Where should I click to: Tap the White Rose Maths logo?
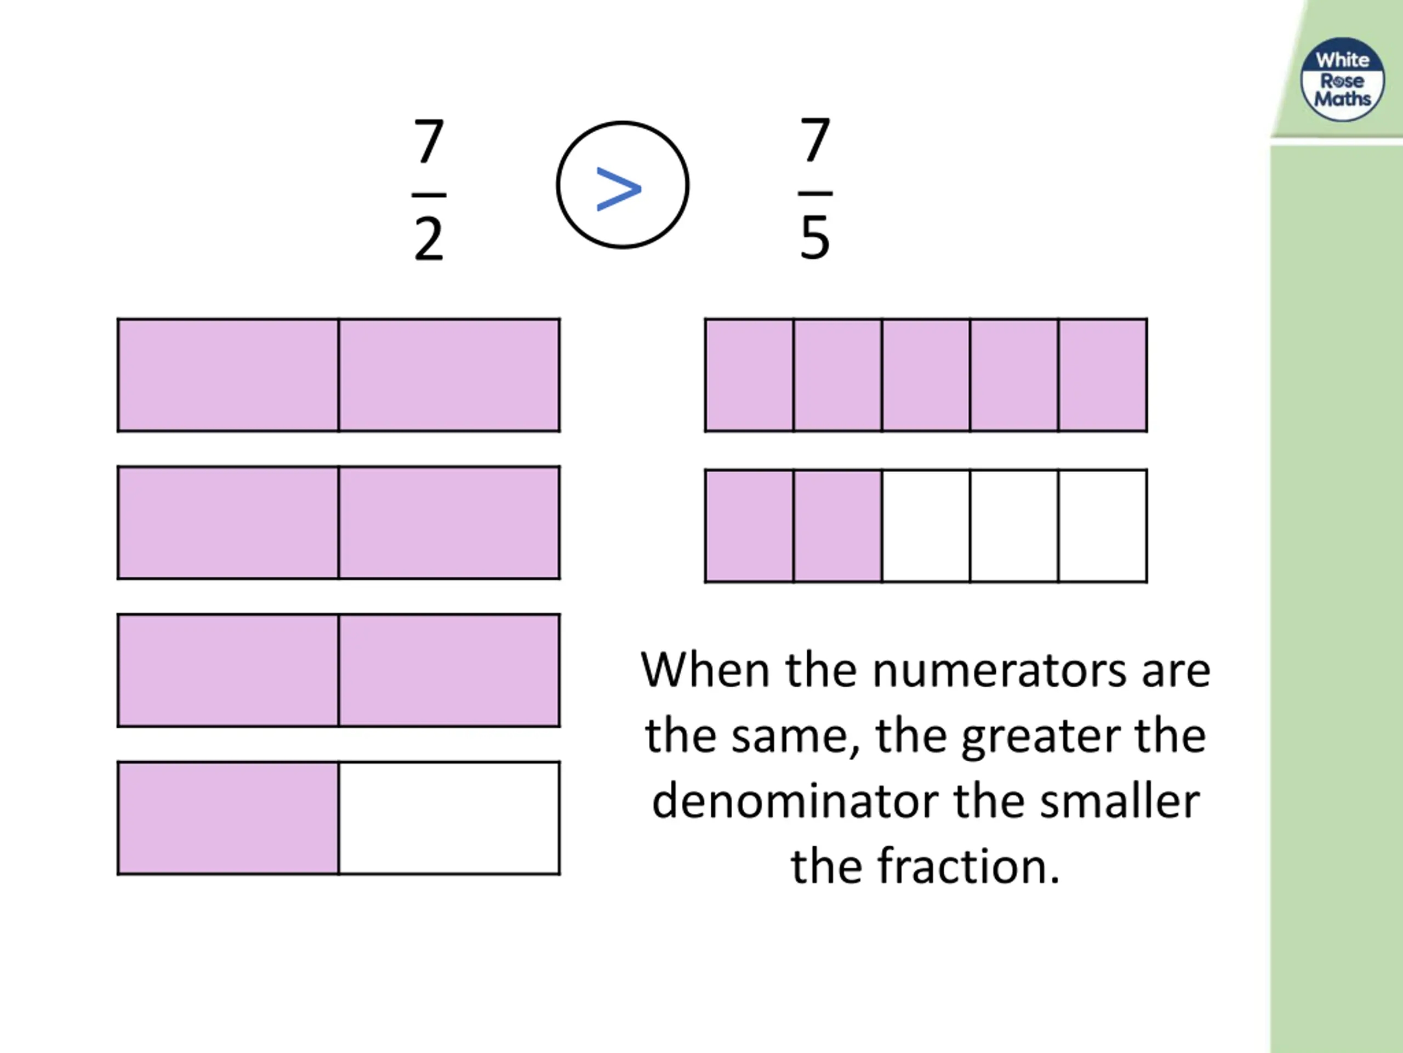tap(1342, 80)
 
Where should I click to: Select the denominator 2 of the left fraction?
tap(429, 239)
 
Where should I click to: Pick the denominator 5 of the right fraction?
tap(815, 238)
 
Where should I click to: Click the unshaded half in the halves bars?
tap(449, 818)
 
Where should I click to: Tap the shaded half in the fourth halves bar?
tap(229, 818)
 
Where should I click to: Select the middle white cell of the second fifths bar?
tap(1014, 525)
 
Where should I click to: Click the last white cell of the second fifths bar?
tap(1102, 525)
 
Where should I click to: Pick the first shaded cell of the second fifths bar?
tap(749, 525)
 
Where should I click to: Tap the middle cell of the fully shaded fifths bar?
tap(926, 375)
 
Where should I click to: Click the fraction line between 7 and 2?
tap(429, 195)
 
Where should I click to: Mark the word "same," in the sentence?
tap(795, 736)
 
